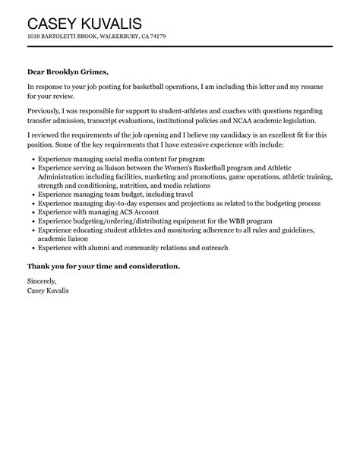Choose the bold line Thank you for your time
click(x=103, y=266)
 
